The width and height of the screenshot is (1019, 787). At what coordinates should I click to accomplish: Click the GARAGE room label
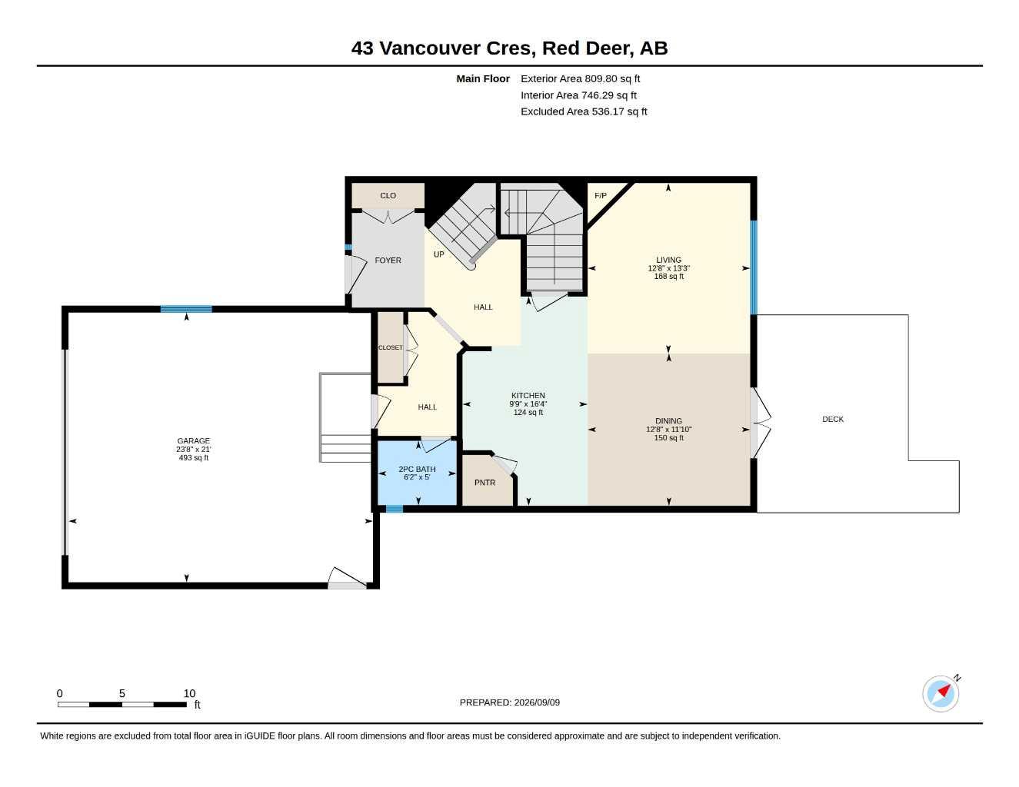coord(193,441)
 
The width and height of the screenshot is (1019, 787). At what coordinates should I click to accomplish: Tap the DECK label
coord(833,420)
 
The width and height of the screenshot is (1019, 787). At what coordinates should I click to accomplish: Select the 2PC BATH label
coord(417,469)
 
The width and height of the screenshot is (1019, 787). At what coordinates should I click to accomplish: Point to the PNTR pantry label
coord(485,483)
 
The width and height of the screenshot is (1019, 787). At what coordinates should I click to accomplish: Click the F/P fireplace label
coord(601,196)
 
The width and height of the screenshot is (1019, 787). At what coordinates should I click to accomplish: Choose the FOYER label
coord(388,261)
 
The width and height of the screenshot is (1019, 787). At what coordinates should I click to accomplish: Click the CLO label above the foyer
coord(388,196)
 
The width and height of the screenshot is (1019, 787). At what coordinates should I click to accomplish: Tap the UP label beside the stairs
coord(439,254)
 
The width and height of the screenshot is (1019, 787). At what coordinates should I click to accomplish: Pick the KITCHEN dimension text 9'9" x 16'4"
coord(528,403)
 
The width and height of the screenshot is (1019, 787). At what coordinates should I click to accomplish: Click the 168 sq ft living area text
coord(669,277)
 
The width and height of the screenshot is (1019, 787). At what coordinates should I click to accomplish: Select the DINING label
coord(669,421)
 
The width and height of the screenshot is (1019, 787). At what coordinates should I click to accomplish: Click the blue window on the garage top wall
coord(186,309)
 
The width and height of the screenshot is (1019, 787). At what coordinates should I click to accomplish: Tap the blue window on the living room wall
coord(754,267)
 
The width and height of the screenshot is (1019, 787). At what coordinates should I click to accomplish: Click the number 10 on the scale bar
coord(189,693)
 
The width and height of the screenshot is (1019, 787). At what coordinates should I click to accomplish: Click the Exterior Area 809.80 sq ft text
coord(580,78)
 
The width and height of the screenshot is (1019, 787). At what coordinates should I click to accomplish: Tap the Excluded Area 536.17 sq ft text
coord(584,111)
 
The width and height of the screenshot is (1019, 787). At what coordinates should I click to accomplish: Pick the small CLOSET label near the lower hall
coord(391,347)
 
